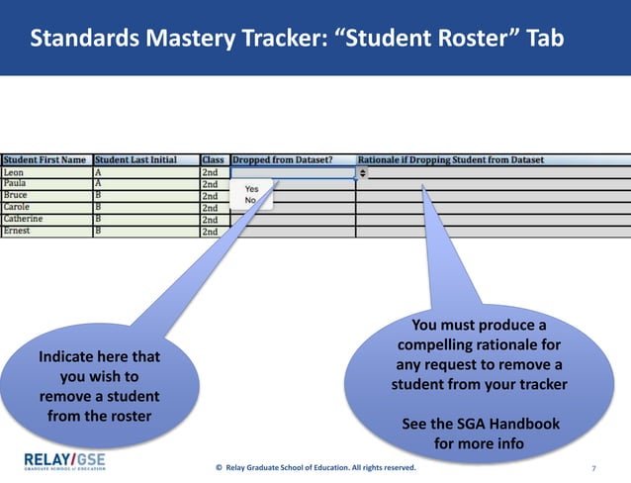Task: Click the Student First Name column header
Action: [45, 159]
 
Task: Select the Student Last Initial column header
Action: [136, 159]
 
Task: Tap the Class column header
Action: [213, 159]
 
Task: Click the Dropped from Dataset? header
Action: [282, 159]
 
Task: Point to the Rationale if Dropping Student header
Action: [451, 159]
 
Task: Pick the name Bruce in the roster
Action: [16, 195]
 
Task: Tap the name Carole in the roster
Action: [17, 207]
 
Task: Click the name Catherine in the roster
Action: [23, 219]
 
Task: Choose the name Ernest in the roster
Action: [17, 231]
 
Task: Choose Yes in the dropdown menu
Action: [251, 188]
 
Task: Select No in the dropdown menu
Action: [250, 200]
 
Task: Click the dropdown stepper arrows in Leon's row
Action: [362, 172]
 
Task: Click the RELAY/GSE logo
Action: [64, 461]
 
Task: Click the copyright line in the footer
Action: [315, 466]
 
